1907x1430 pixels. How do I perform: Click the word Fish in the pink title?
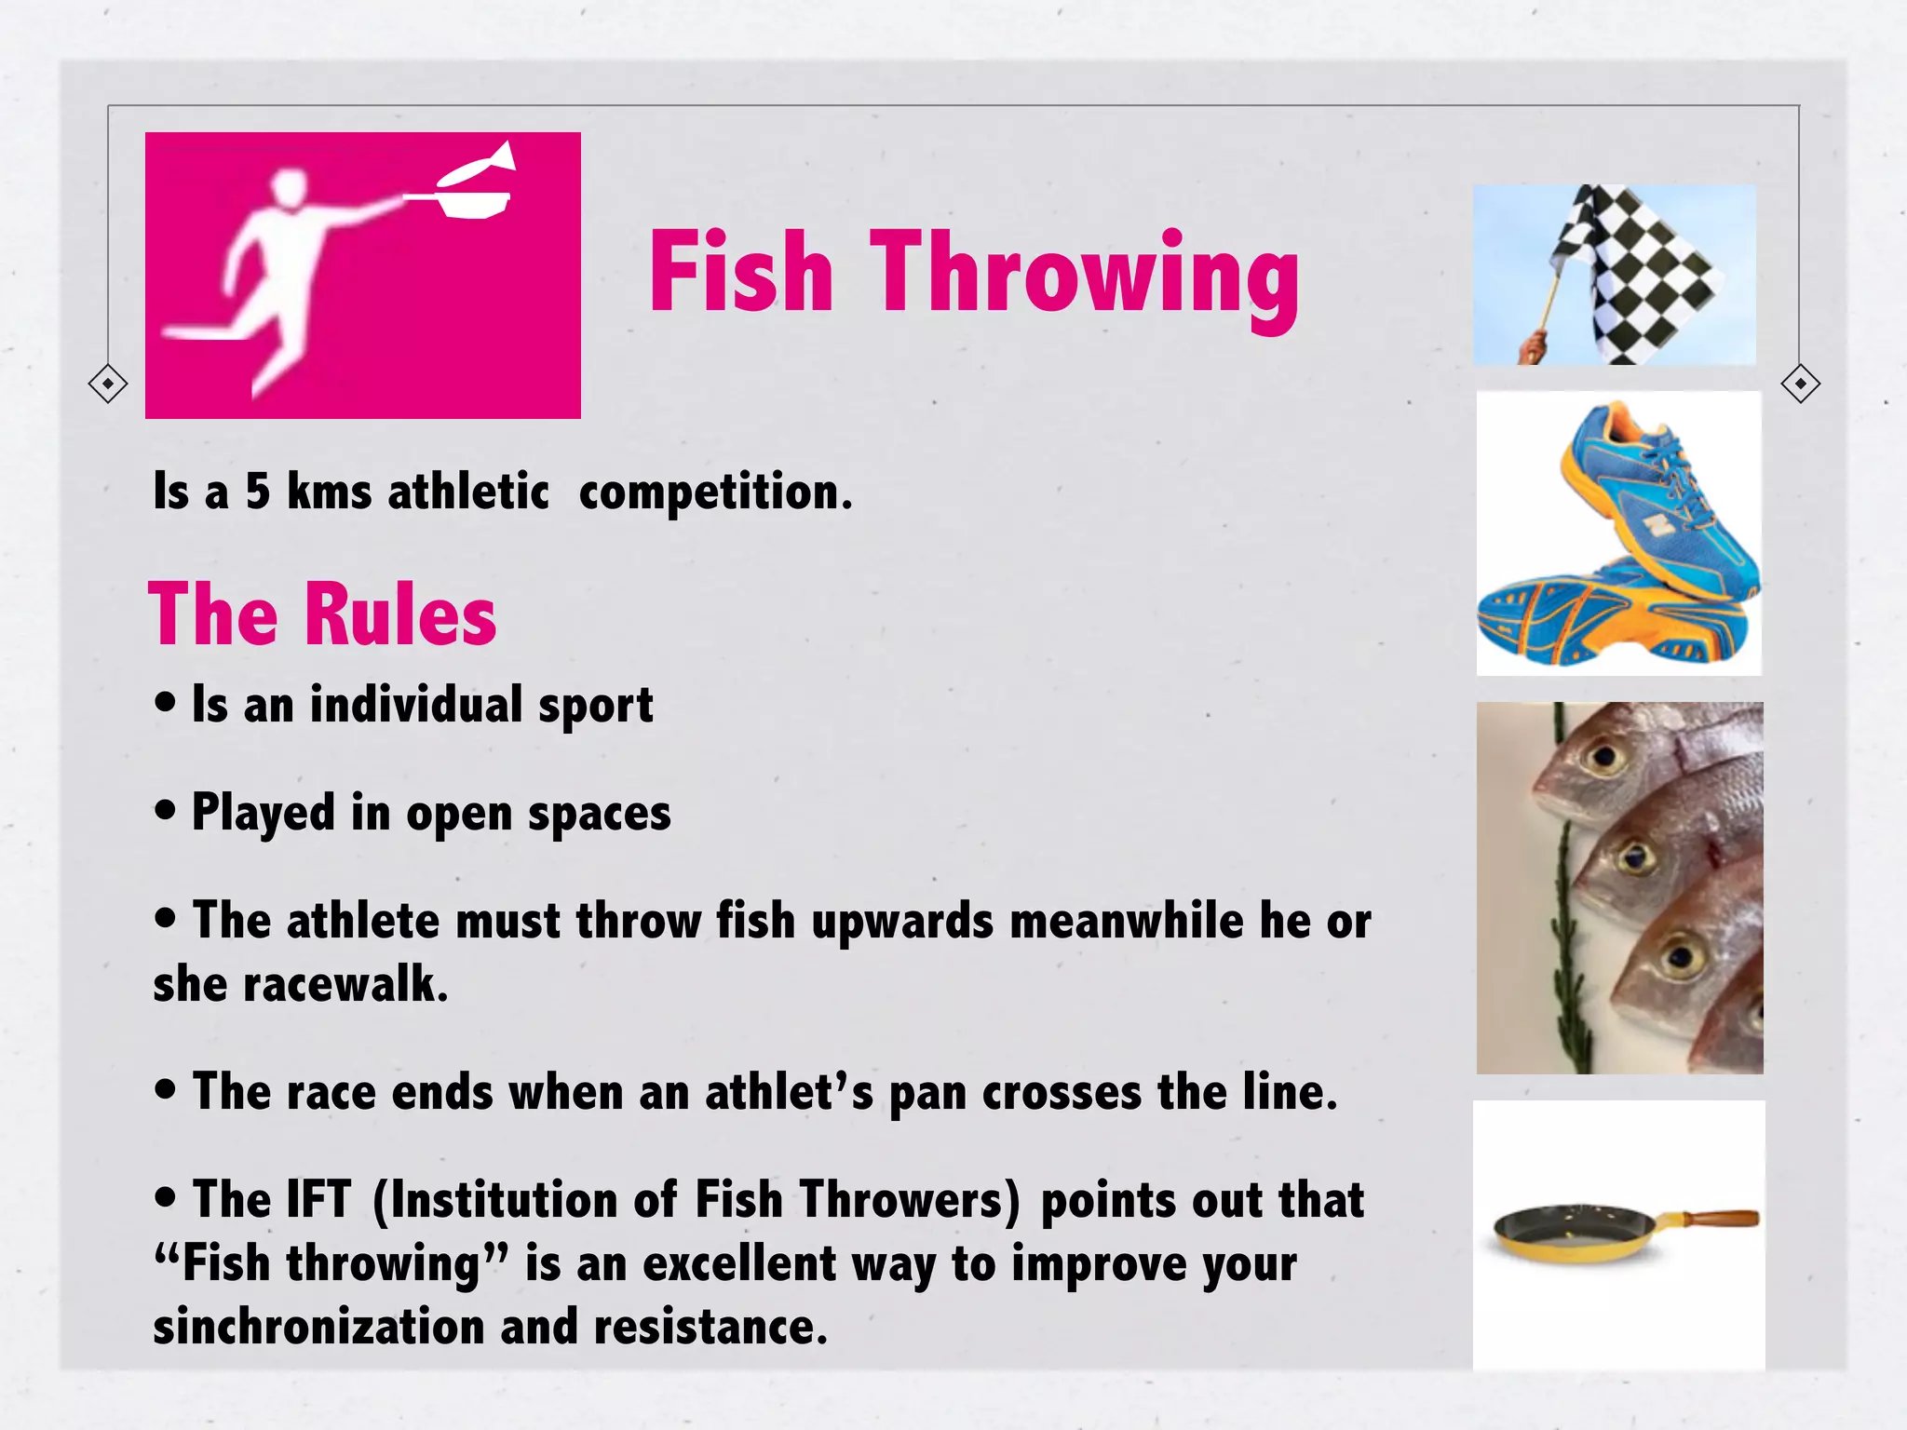click(740, 272)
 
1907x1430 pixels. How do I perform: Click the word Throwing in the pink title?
click(1085, 275)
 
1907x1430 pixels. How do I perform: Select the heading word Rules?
click(400, 614)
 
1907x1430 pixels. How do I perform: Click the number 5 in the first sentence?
click(258, 492)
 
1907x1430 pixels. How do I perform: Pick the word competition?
click(713, 492)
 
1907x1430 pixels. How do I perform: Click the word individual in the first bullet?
click(415, 705)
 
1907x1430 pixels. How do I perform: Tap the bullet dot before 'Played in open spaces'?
click(166, 810)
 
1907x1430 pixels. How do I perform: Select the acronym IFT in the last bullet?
click(318, 1199)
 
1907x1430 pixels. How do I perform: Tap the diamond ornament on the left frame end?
click(108, 384)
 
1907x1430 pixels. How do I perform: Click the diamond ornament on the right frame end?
click(1800, 384)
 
